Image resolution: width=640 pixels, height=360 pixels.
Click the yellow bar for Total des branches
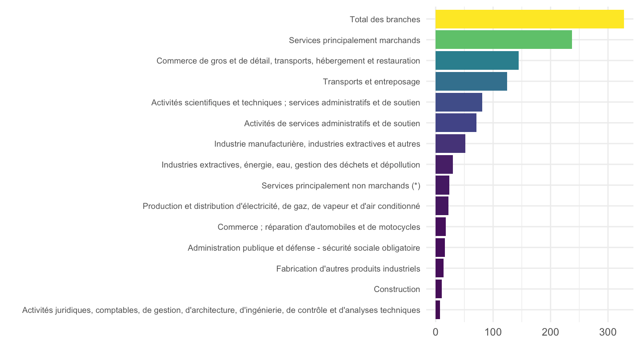tap(529, 19)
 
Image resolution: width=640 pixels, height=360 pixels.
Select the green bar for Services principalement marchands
tap(504, 40)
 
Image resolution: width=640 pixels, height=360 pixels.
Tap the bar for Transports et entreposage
tap(471, 81)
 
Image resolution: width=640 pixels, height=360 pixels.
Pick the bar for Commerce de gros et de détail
tap(477, 60)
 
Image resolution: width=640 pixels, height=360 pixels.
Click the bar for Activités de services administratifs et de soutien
tap(456, 123)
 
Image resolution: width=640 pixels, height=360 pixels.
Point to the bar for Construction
tap(439, 289)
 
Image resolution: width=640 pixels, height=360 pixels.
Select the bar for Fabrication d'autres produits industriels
tap(440, 268)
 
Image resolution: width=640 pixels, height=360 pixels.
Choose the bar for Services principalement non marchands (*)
tap(442, 185)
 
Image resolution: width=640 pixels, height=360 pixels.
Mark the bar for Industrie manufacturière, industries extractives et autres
tap(450, 144)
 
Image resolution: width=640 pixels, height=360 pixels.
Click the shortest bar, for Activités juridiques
tap(438, 310)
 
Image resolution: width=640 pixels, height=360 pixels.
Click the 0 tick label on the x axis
tap(436, 332)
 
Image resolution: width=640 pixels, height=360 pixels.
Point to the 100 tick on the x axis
tap(493, 332)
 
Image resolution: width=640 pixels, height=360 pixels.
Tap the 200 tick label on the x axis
tap(551, 332)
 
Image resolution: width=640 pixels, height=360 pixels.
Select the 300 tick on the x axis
tap(608, 332)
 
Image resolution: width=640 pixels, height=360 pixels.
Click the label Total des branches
tap(385, 20)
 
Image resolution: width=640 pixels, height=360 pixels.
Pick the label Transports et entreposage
tap(372, 82)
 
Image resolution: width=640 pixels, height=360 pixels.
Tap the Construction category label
tap(397, 289)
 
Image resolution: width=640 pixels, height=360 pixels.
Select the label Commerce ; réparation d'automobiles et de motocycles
tap(319, 227)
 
